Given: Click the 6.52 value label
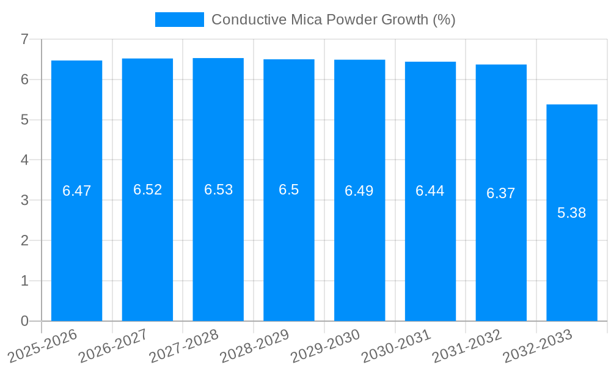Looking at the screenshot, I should (x=148, y=190).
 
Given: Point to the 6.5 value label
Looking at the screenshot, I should (x=289, y=190).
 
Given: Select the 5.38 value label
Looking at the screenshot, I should (x=572, y=213).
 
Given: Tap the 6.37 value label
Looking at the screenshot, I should (x=501, y=193).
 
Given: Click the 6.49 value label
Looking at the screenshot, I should (x=359, y=191).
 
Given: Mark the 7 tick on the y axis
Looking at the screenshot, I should (x=25, y=39).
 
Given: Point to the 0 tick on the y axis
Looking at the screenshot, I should (x=25, y=321).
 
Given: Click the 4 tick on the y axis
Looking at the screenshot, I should (x=25, y=160).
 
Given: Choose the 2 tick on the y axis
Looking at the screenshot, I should (x=25, y=240).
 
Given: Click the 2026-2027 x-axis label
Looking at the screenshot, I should (x=114, y=346).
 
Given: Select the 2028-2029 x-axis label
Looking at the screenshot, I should (x=255, y=346).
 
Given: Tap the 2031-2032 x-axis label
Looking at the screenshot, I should (x=467, y=346).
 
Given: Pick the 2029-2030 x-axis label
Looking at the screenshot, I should (x=326, y=346).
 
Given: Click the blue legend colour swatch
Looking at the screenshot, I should (x=180, y=20).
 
